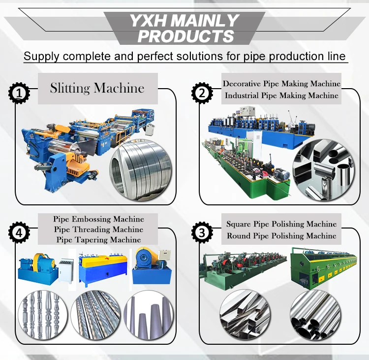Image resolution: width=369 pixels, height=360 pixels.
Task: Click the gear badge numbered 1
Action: click(x=19, y=93)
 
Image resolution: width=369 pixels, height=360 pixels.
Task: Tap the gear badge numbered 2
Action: click(x=201, y=93)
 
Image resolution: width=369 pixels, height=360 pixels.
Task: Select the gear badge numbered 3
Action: click(x=201, y=232)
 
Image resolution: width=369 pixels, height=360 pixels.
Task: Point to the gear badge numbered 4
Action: click(x=19, y=232)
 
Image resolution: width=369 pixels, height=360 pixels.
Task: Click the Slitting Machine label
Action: click(x=97, y=89)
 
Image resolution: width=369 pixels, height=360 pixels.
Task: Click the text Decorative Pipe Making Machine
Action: click(x=281, y=84)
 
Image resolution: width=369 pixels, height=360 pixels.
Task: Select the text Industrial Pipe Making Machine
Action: click(x=281, y=96)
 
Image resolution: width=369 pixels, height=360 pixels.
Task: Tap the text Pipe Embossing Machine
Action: click(x=98, y=219)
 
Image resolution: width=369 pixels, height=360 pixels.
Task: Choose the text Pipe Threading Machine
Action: click(x=98, y=229)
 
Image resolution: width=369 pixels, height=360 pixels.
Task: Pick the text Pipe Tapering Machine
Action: click(x=98, y=239)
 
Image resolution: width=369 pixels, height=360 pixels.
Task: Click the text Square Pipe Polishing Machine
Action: click(x=281, y=224)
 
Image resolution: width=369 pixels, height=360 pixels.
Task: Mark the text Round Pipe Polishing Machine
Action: click(x=281, y=236)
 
